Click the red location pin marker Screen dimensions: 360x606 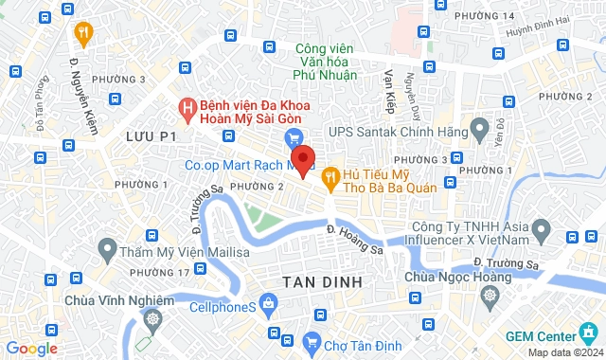(x=302, y=160)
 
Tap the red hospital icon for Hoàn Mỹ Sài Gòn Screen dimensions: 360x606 (x=188, y=109)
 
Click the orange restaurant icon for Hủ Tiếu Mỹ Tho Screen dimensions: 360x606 (x=330, y=175)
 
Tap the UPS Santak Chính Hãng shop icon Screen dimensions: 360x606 (x=478, y=125)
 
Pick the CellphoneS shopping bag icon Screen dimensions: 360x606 (x=270, y=303)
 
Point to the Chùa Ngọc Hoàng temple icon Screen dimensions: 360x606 (x=490, y=295)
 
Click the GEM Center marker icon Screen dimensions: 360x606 (x=588, y=336)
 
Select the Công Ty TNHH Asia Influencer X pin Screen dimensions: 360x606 (x=541, y=229)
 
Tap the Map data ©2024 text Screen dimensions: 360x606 (x=564, y=352)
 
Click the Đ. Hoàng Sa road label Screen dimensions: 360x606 (x=356, y=239)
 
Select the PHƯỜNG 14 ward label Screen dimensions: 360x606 (x=484, y=16)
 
